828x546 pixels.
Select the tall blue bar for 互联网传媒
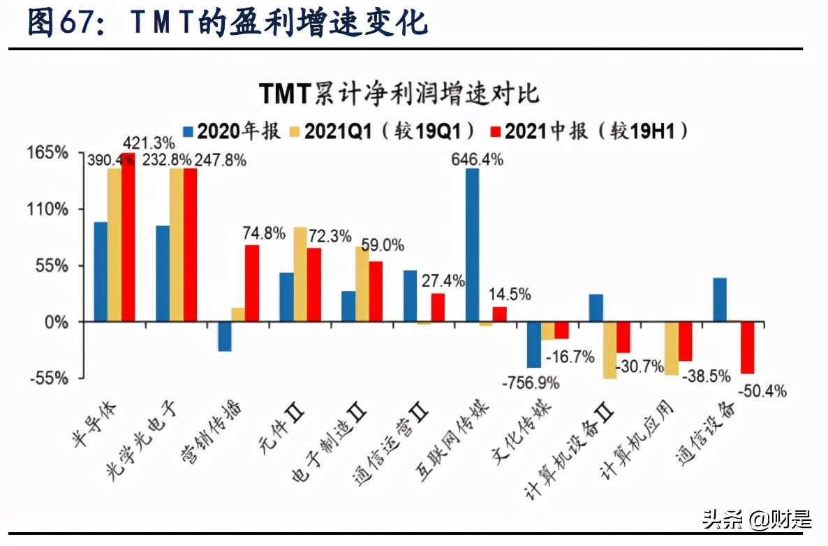coord(473,244)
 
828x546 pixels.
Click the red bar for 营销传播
coord(252,283)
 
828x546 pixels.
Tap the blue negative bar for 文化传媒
coord(534,344)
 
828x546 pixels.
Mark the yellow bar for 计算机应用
coord(672,348)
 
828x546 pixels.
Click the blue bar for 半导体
coord(101,272)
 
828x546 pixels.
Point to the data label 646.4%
coord(478,160)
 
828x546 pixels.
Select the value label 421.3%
coord(149,143)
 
